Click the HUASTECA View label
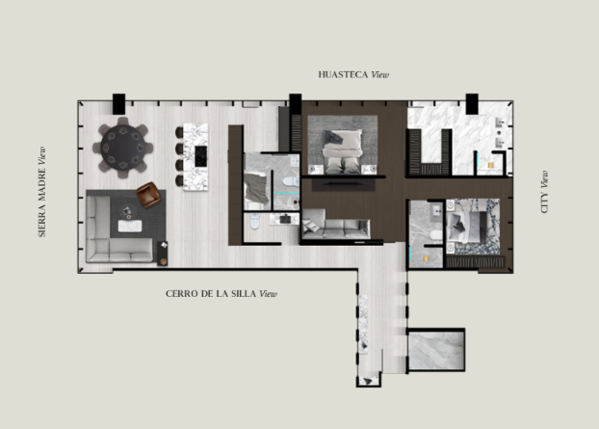pos(353,74)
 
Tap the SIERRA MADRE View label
pos(42,192)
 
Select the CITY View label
pos(544,192)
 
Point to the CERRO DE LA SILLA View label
pos(221,294)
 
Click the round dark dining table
pos(123,147)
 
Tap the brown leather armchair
pos(148,194)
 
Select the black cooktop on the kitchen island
pos(201,156)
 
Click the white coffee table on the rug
pos(130,226)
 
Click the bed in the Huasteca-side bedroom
pos(343,151)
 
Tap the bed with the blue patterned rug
pos(468,227)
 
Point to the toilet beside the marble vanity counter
pos(255,222)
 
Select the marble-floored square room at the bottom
pos(436,351)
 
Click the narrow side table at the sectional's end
pos(163,254)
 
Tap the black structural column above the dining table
pos(118,103)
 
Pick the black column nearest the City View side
pos(472,103)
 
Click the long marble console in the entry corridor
pos(363,324)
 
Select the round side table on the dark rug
pos(127,212)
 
